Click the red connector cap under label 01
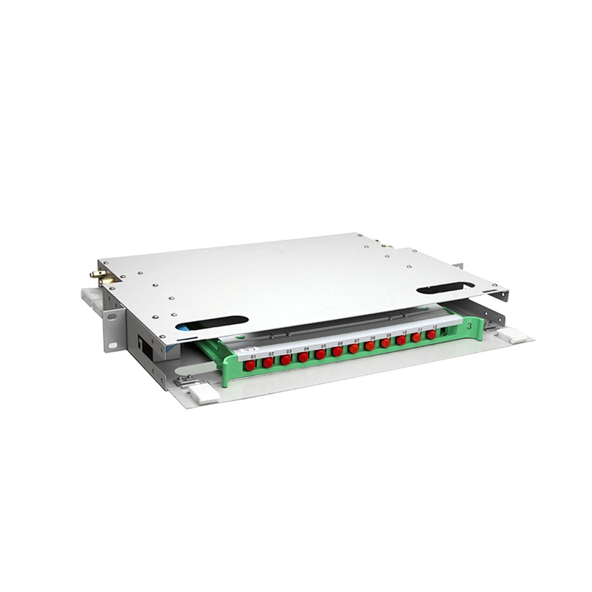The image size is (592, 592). [x=250, y=364]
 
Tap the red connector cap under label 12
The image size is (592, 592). [x=431, y=334]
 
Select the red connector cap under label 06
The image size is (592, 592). [x=337, y=351]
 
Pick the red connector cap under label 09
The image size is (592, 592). [x=386, y=343]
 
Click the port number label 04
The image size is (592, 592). [x=306, y=348]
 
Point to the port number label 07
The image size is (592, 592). [x=357, y=340]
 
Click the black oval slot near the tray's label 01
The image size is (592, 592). [x=212, y=323]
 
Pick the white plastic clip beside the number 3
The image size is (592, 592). [x=514, y=337]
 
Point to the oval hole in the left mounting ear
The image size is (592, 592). [x=113, y=317]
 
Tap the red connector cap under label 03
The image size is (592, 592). [x=286, y=359]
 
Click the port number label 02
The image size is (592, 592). [x=271, y=354]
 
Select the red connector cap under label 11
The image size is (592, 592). [x=417, y=337]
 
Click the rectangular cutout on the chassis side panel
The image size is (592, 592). [x=145, y=344]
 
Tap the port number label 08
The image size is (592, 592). [x=372, y=337]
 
